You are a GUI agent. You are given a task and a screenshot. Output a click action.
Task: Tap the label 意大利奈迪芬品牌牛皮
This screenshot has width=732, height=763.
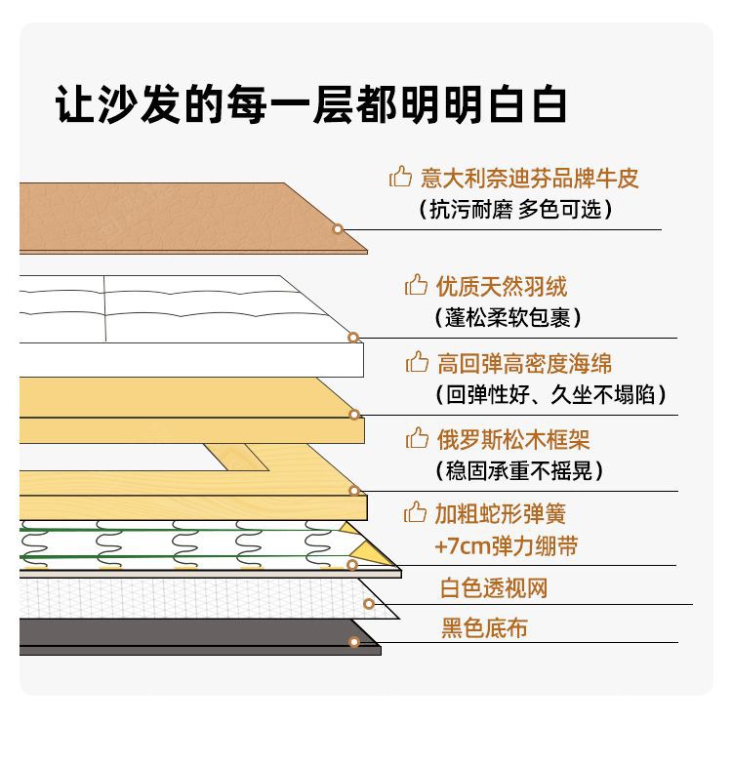click(x=530, y=179)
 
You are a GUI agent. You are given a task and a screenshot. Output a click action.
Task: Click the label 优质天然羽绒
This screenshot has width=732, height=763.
click(x=502, y=287)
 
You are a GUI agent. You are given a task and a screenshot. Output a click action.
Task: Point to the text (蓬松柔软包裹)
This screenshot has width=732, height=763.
click(x=508, y=317)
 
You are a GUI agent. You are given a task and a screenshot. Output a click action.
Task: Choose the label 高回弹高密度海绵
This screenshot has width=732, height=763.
click(x=524, y=364)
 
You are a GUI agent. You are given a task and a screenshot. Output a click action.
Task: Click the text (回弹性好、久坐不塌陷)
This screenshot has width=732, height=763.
click(x=551, y=394)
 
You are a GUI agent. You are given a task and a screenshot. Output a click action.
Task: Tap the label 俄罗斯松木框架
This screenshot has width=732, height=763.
click(x=512, y=440)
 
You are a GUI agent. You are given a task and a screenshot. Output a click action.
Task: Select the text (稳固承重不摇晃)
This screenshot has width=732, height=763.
click(x=518, y=470)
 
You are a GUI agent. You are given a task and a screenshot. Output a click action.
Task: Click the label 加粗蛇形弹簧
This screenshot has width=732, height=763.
click(x=500, y=514)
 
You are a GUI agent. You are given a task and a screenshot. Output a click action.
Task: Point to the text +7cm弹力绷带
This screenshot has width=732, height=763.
click(x=506, y=545)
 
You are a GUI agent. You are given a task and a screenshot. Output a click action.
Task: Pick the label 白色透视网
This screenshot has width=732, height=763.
click(x=494, y=589)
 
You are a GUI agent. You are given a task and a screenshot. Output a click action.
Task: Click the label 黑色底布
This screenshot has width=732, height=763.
click(x=484, y=628)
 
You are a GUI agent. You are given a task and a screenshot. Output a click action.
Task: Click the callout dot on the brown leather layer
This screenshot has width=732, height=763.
click(x=338, y=229)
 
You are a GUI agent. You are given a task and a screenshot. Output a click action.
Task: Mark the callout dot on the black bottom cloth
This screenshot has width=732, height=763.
click(x=354, y=642)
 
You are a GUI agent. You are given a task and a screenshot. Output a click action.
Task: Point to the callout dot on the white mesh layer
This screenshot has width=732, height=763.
click(x=369, y=604)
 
